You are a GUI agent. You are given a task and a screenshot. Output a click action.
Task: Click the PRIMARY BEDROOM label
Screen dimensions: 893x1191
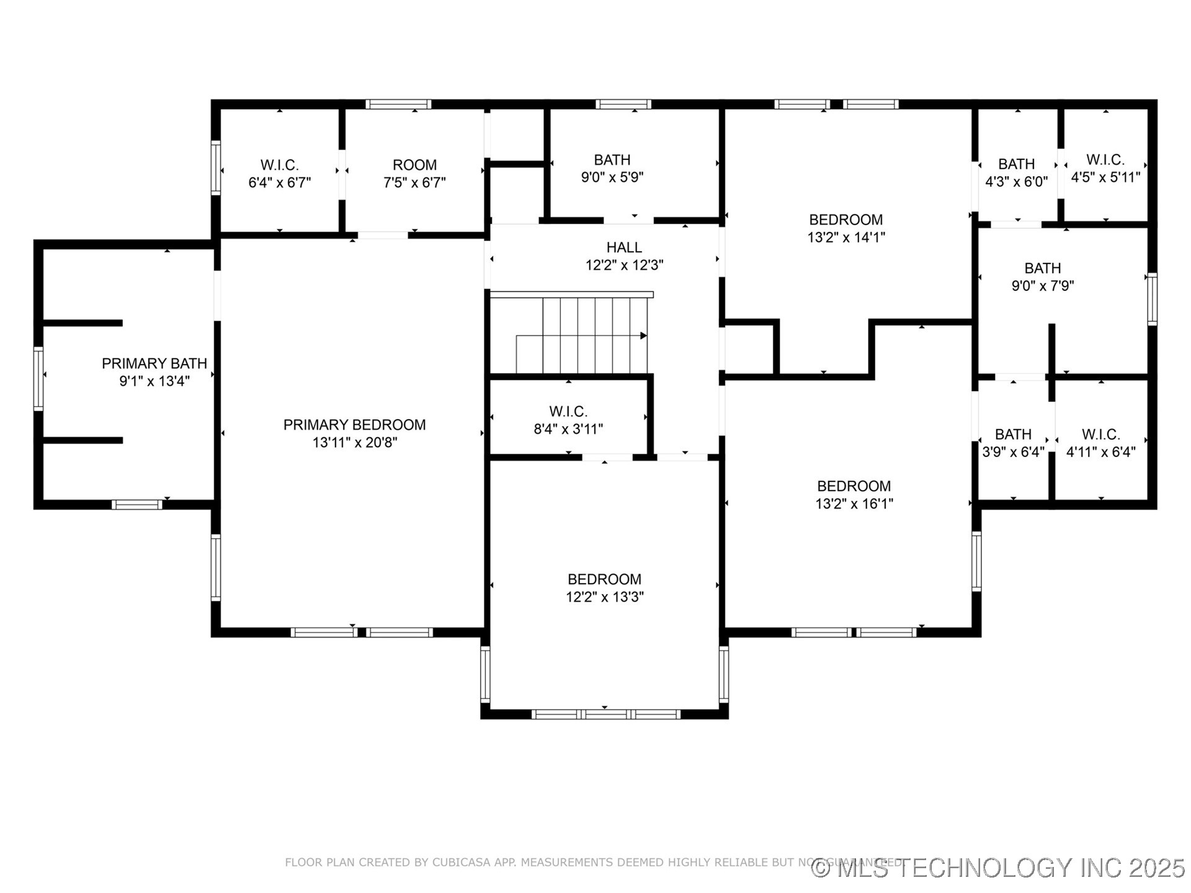[354, 425]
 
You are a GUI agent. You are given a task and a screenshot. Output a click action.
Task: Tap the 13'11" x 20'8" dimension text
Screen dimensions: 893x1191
[354, 443]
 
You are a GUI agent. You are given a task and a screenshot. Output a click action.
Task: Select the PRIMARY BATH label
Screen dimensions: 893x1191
[154, 363]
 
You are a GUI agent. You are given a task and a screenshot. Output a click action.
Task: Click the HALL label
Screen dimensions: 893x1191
[624, 247]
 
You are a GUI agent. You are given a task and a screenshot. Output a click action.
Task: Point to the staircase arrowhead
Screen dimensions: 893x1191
[643, 335]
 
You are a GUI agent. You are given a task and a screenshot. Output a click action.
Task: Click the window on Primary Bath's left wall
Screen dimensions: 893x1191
[38, 378]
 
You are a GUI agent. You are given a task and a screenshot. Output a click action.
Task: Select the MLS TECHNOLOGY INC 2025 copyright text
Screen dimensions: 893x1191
[999, 868]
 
